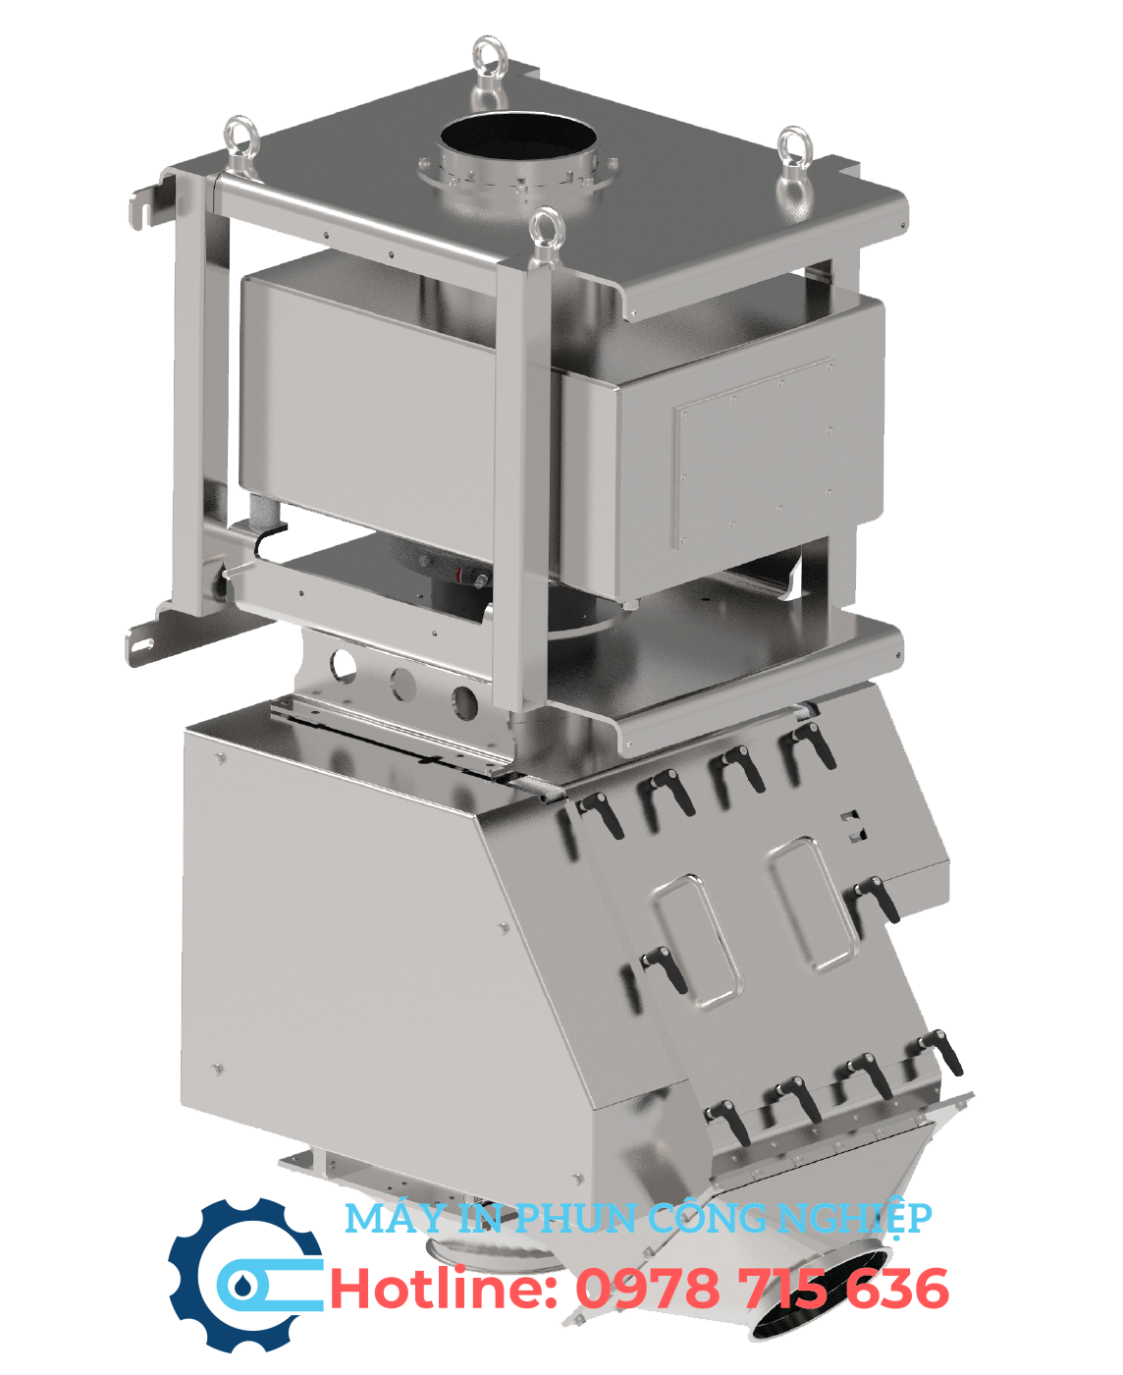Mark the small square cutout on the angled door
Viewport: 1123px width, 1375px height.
852,827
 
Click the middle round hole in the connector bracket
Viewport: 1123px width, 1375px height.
402,682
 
